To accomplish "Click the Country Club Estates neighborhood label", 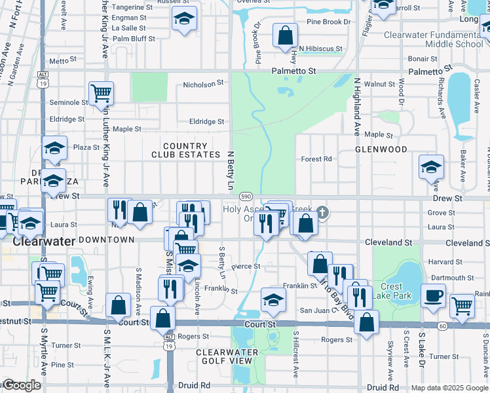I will (x=185, y=150).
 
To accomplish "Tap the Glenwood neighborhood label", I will (x=381, y=149).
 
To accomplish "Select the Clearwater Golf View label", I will (x=224, y=356).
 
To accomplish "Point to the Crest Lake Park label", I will (x=391, y=291).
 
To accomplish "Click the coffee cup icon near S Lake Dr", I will (x=433, y=295).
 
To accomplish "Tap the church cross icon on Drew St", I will (x=322, y=212).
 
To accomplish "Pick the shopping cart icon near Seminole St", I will (x=101, y=93).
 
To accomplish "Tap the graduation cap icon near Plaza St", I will (x=54, y=148).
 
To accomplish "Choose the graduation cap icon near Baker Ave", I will (x=431, y=167).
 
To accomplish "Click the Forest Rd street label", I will (x=316, y=159).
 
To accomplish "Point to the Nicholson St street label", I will (x=203, y=84).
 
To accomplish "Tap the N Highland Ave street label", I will (x=357, y=107).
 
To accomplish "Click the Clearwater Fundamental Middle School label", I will (x=433, y=39).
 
